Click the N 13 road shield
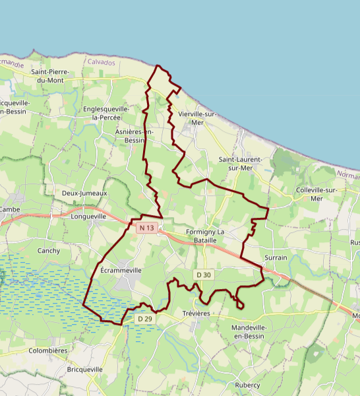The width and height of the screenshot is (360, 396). click(146, 228)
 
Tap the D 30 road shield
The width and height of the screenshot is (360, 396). click(203, 275)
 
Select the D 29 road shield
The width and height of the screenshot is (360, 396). click(145, 319)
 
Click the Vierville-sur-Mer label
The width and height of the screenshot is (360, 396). click(197, 118)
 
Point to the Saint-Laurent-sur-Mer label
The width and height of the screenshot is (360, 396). click(241, 164)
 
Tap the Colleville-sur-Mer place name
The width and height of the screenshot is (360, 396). click(317, 194)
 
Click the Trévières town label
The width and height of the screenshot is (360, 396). click(195, 313)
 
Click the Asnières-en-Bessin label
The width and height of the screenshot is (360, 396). click(135, 136)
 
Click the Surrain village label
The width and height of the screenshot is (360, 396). click(276, 257)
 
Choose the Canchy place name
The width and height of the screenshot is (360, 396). click(49, 251)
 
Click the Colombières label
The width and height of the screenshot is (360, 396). click(48, 351)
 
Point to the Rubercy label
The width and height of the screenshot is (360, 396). click(247, 385)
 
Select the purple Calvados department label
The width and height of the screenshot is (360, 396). click(101, 62)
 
